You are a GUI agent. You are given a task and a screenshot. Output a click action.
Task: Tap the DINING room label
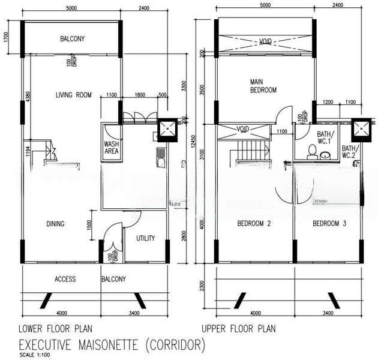click(x=55, y=224)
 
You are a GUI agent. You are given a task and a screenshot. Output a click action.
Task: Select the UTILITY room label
click(x=146, y=238)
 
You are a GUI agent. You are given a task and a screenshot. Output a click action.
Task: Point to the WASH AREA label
click(x=112, y=148)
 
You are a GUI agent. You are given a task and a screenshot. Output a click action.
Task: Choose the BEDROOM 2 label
click(x=254, y=224)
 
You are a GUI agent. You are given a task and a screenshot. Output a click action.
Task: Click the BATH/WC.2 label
click(x=350, y=152)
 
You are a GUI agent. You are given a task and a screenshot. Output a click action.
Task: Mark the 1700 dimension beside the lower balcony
click(x=5, y=39)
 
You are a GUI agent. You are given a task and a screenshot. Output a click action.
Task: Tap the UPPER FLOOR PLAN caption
click(x=238, y=329)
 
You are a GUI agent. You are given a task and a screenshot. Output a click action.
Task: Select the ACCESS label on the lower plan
click(x=65, y=279)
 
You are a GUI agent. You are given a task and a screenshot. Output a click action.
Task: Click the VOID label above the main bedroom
click(x=265, y=41)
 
